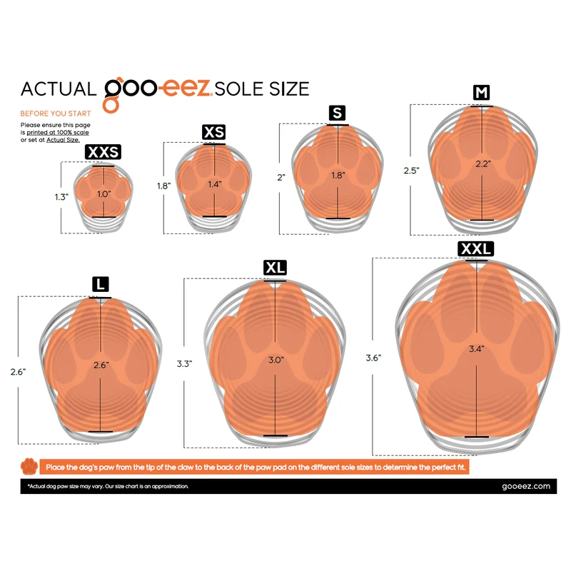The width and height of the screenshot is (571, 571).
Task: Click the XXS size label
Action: (x=103, y=151)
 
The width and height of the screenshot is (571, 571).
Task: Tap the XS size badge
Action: (x=213, y=132)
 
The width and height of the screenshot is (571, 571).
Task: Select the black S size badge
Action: (x=337, y=113)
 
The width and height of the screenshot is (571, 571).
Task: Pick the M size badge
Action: (x=481, y=93)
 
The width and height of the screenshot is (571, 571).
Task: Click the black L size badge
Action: (x=101, y=284)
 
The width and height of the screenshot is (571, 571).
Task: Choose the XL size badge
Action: (x=275, y=268)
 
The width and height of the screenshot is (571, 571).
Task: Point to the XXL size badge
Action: (x=475, y=248)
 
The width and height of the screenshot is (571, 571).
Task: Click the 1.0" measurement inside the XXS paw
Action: (x=103, y=193)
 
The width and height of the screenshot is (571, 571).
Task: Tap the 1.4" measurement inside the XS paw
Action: (x=215, y=184)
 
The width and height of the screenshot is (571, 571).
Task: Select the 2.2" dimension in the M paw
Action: (x=483, y=164)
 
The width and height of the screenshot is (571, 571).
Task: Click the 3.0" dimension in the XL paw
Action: (x=276, y=360)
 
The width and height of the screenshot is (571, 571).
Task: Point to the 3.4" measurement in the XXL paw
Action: (x=476, y=349)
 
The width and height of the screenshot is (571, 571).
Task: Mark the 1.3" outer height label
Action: (x=61, y=197)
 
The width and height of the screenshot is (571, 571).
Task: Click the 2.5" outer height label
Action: (x=412, y=171)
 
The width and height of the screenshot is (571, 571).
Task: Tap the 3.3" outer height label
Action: (x=185, y=363)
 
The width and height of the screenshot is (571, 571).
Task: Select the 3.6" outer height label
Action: (x=373, y=358)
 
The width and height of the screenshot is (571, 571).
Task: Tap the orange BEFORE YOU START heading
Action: (x=56, y=113)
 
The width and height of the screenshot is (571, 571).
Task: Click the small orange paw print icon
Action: (x=29, y=466)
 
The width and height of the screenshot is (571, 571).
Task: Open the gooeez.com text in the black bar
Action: (x=526, y=487)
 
